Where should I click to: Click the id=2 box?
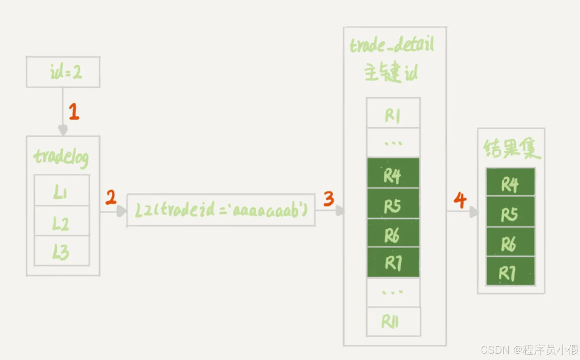click(63, 72)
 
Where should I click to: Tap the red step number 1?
click(74, 111)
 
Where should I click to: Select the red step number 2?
click(111, 198)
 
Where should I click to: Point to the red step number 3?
click(329, 199)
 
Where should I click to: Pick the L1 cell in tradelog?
click(61, 191)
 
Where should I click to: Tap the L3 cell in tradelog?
click(61, 251)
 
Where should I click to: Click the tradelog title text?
click(61, 157)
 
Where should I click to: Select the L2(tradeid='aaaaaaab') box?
click(221, 210)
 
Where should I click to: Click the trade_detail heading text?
click(392, 45)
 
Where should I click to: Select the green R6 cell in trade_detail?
click(393, 234)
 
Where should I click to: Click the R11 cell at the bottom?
click(393, 321)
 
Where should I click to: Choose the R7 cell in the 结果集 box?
click(510, 271)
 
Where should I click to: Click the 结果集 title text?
click(512, 149)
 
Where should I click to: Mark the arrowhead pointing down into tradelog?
click(63, 130)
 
